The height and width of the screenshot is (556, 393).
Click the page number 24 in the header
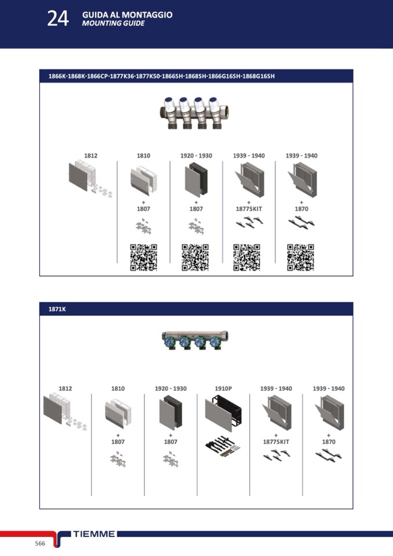[58, 19]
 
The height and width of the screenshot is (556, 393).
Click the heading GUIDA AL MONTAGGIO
[127, 14]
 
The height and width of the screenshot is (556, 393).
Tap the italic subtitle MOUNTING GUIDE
[114, 23]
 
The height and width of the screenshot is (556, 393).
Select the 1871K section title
[57, 309]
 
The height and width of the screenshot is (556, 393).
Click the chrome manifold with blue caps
[194, 112]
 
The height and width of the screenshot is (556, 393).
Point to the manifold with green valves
[195, 341]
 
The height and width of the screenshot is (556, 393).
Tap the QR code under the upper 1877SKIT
[247, 257]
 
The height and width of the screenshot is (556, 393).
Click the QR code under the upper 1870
[300, 257]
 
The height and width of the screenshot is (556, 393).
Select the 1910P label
[223, 388]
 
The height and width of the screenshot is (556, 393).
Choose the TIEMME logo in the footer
[94, 534]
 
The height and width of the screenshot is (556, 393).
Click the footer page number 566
[40, 543]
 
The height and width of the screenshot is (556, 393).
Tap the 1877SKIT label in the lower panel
[276, 442]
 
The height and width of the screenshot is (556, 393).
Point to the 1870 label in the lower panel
[329, 442]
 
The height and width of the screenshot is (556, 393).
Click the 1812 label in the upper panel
[91, 155]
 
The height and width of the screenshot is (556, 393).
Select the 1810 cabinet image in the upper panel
[144, 180]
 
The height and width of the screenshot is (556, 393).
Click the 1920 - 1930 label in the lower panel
[170, 388]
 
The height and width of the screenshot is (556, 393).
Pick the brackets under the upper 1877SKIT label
[249, 222]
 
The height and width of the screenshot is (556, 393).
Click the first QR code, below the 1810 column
[144, 257]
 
